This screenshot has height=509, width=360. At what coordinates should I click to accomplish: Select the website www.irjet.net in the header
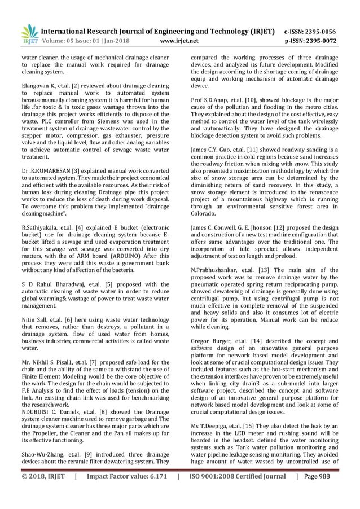179,41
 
